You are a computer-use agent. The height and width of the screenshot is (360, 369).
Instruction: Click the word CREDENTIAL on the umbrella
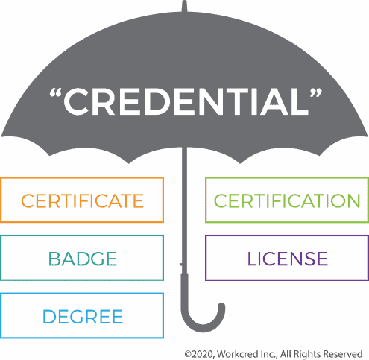[x=186, y=101]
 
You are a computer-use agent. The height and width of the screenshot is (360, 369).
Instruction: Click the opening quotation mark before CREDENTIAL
[x=55, y=92]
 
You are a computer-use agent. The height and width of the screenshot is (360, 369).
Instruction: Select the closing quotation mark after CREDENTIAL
[x=315, y=92]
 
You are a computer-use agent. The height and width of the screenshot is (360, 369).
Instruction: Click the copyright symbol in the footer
[x=188, y=354]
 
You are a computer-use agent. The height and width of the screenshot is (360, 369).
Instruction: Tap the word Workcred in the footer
[x=235, y=353]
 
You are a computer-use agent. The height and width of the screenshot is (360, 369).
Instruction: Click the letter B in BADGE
[x=54, y=259]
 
